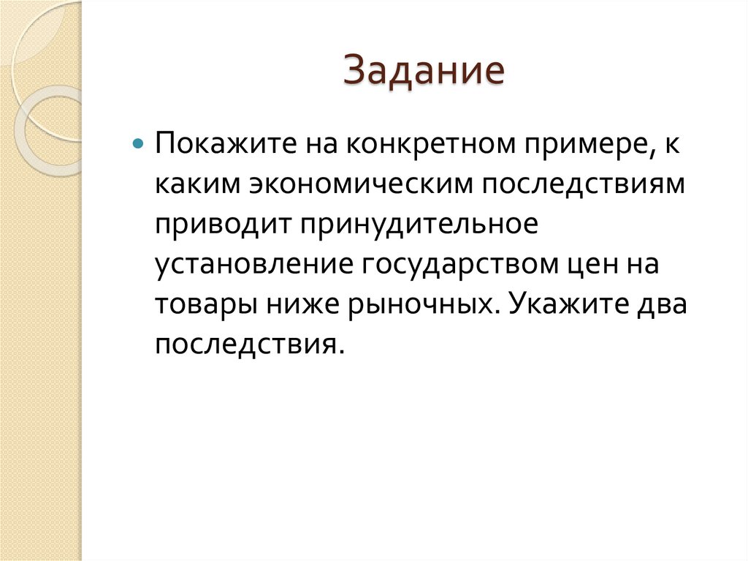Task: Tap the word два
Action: tap(662, 304)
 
